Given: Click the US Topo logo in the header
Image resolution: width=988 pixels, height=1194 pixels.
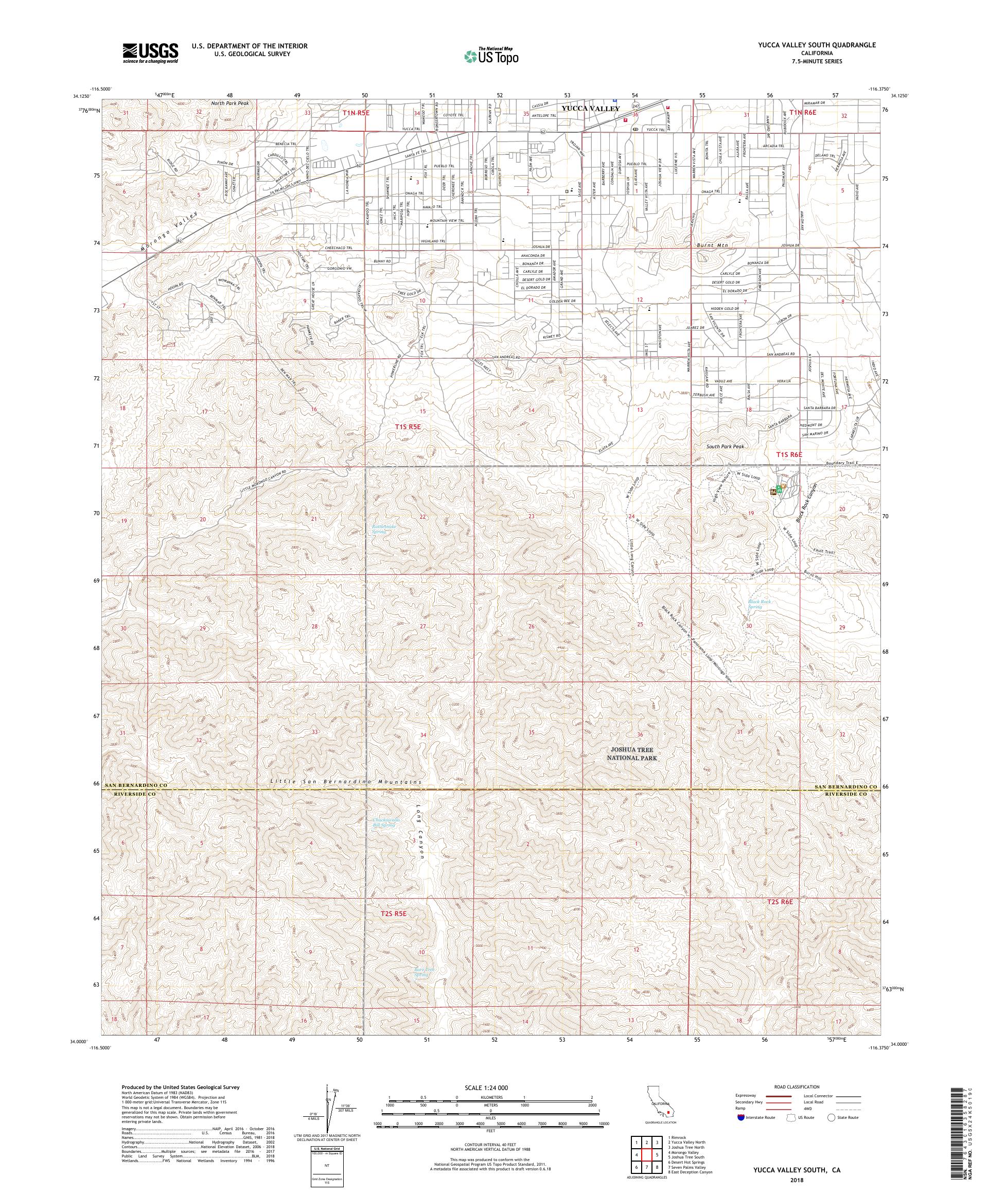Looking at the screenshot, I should click(x=492, y=56).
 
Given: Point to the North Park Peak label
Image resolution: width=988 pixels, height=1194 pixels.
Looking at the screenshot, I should click(x=230, y=103).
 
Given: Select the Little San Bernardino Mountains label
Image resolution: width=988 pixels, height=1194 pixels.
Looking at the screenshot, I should click(x=346, y=782).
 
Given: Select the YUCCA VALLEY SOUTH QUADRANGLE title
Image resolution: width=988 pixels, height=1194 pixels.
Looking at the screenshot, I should click(x=813, y=44).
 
